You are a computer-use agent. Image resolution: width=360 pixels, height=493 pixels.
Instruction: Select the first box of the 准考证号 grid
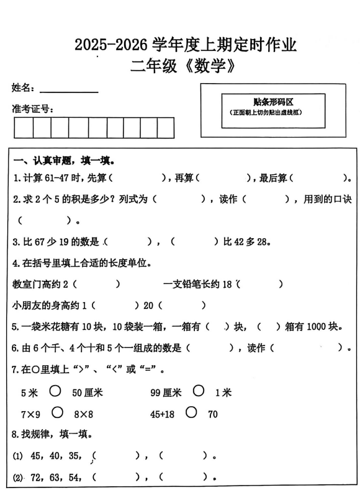point(24,127)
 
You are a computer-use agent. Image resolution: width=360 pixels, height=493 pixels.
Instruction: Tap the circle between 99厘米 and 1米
point(199,391)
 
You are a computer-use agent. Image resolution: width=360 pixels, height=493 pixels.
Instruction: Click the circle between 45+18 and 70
point(191,412)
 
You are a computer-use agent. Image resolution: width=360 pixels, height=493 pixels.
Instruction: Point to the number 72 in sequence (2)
point(35,477)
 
